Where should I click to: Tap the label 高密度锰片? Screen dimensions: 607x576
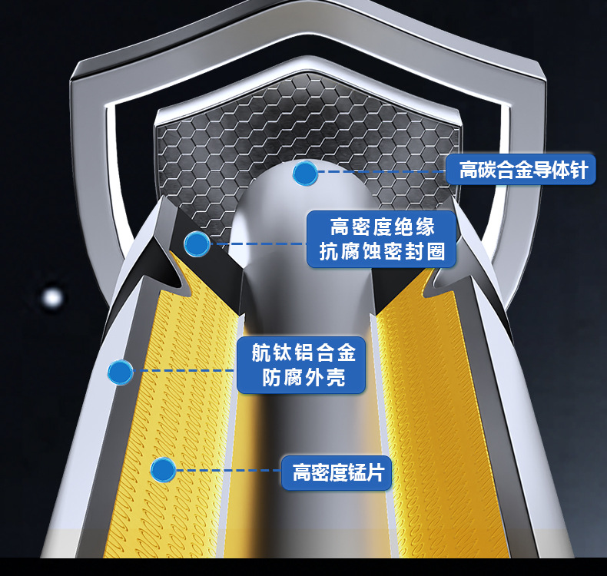tap(337, 471)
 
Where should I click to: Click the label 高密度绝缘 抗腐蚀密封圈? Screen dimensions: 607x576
tap(382, 239)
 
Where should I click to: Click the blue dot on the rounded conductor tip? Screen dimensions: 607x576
tap(305, 174)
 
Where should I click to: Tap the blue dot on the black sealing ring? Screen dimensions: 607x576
tap(197, 244)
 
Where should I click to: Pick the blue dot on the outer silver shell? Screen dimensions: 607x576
tap(120, 372)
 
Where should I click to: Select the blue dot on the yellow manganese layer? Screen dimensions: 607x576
tap(163, 470)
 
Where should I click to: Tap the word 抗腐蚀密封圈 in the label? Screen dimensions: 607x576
tap(382, 252)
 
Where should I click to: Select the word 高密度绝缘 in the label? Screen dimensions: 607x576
tap(382, 227)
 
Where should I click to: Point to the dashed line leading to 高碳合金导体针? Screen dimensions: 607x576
tap(380, 172)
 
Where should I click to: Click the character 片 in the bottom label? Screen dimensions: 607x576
tap(376, 471)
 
